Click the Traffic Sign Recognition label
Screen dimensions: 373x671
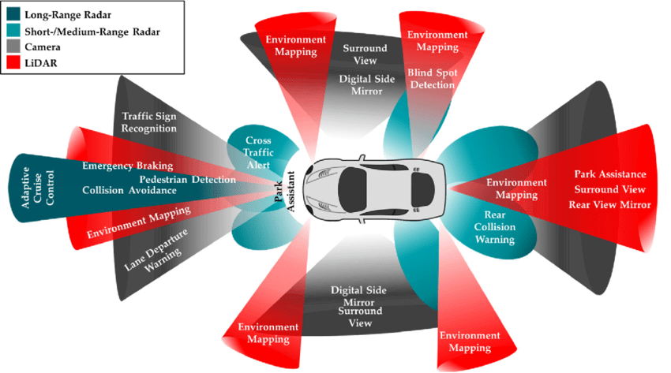tap(149, 122)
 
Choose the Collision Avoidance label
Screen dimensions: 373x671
tap(125, 190)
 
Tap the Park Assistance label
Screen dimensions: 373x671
tap(610, 174)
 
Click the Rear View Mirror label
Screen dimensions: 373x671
tap(609, 205)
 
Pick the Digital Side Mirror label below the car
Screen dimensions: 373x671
tap(358, 296)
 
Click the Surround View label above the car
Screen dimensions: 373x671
tap(364, 54)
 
